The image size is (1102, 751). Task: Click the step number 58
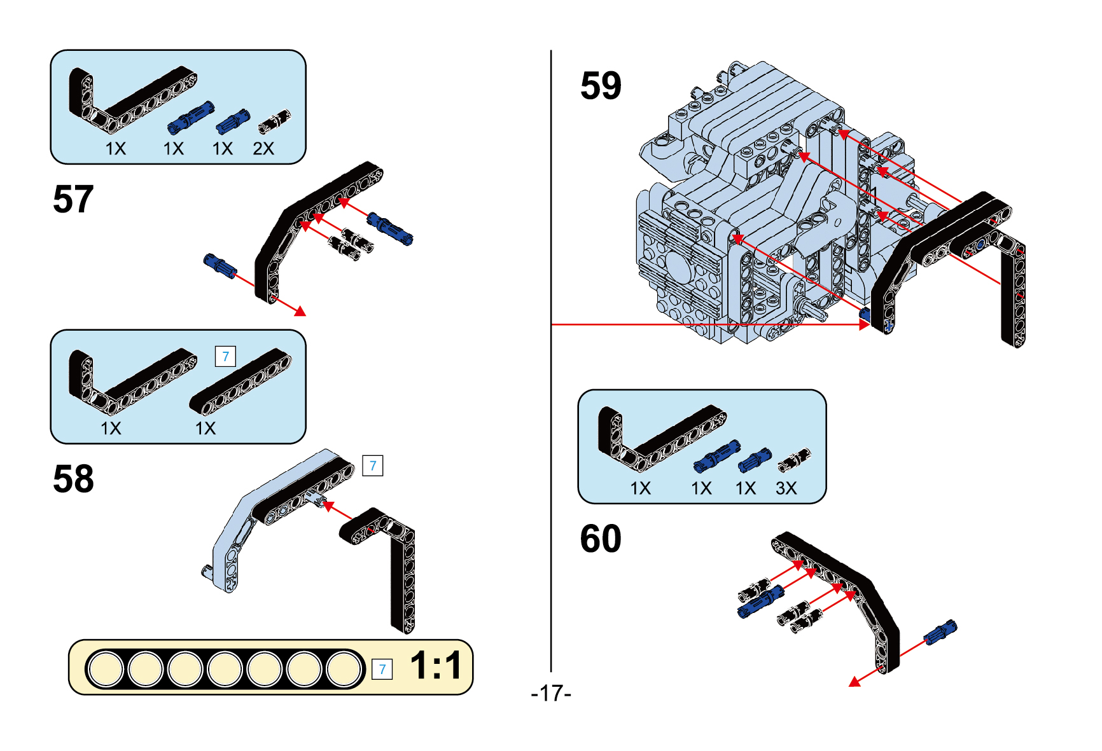point(73,479)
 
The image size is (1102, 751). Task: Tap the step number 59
point(600,86)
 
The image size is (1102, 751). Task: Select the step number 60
point(600,539)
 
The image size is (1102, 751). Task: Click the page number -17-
point(551,692)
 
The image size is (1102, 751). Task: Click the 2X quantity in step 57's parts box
point(263,149)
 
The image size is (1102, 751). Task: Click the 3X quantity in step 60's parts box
point(786,488)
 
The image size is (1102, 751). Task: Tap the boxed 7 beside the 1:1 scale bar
point(382,669)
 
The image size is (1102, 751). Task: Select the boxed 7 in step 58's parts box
point(225,356)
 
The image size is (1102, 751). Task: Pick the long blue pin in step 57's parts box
point(190,118)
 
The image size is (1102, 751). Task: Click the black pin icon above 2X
point(275,120)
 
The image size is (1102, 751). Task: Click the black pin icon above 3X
point(795,460)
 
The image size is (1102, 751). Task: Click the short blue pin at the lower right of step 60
point(940,631)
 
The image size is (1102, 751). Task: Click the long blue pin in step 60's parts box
point(716,456)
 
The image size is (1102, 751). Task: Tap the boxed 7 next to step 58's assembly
point(372,465)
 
